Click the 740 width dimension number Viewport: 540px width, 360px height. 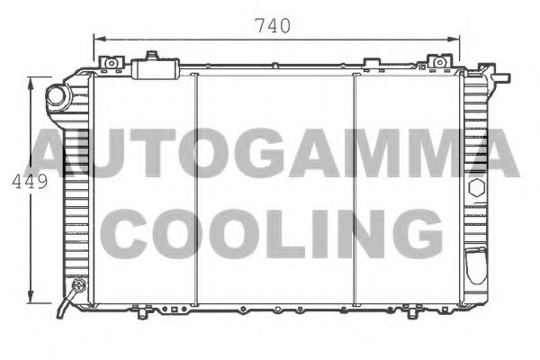pyautogui.click(x=271, y=27)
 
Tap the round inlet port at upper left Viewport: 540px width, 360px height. pyautogui.click(x=57, y=95)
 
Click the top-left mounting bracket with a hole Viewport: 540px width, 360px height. pyautogui.click(x=111, y=63)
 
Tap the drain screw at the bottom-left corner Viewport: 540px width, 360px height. pyautogui.click(x=76, y=288)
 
